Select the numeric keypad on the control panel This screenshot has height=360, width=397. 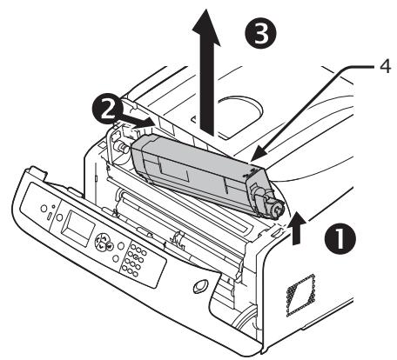(x=138, y=260)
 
